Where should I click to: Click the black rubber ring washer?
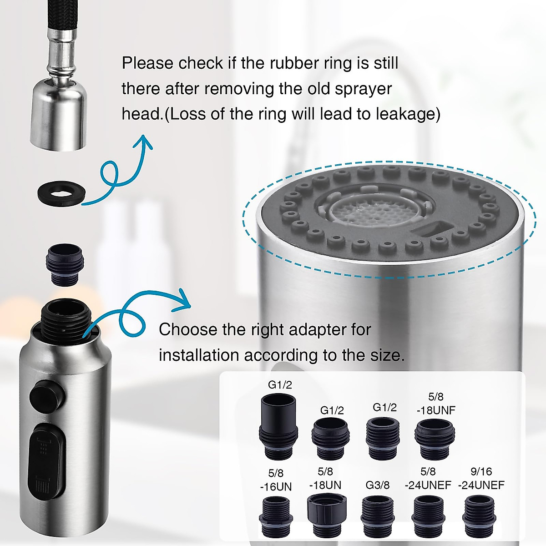pos(59,194)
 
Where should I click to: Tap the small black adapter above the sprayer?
pos(64,265)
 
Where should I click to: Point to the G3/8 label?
pos(378,485)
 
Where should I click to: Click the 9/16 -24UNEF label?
pos(481,478)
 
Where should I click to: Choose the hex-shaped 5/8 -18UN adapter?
pos(327,516)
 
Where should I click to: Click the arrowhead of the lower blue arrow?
pos(183,302)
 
